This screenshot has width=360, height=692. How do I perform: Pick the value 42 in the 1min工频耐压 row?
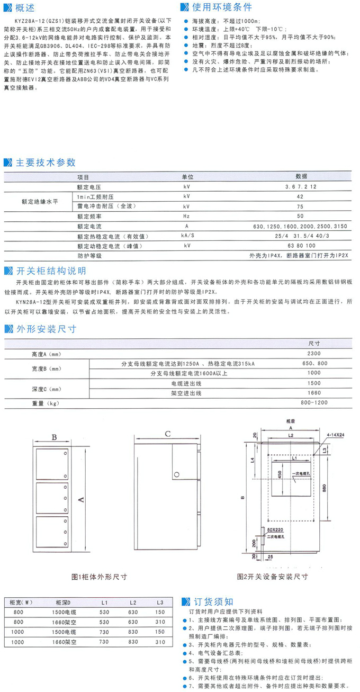point(300,195)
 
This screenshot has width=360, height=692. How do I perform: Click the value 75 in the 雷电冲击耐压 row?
point(300,206)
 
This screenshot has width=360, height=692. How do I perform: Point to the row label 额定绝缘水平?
point(39,201)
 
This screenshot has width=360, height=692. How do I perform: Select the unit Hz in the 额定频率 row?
point(186,216)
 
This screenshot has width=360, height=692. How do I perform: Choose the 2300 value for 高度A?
point(314,353)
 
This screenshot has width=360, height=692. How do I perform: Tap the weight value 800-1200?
point(314,403)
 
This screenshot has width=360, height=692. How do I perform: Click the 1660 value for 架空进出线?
point(314,393)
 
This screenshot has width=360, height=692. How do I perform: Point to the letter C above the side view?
point(167,434)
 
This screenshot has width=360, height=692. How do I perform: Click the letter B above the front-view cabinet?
point(54,437)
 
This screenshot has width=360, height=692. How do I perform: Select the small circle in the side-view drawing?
point(177,474)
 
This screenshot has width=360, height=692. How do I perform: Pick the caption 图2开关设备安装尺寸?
point(272,577)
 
